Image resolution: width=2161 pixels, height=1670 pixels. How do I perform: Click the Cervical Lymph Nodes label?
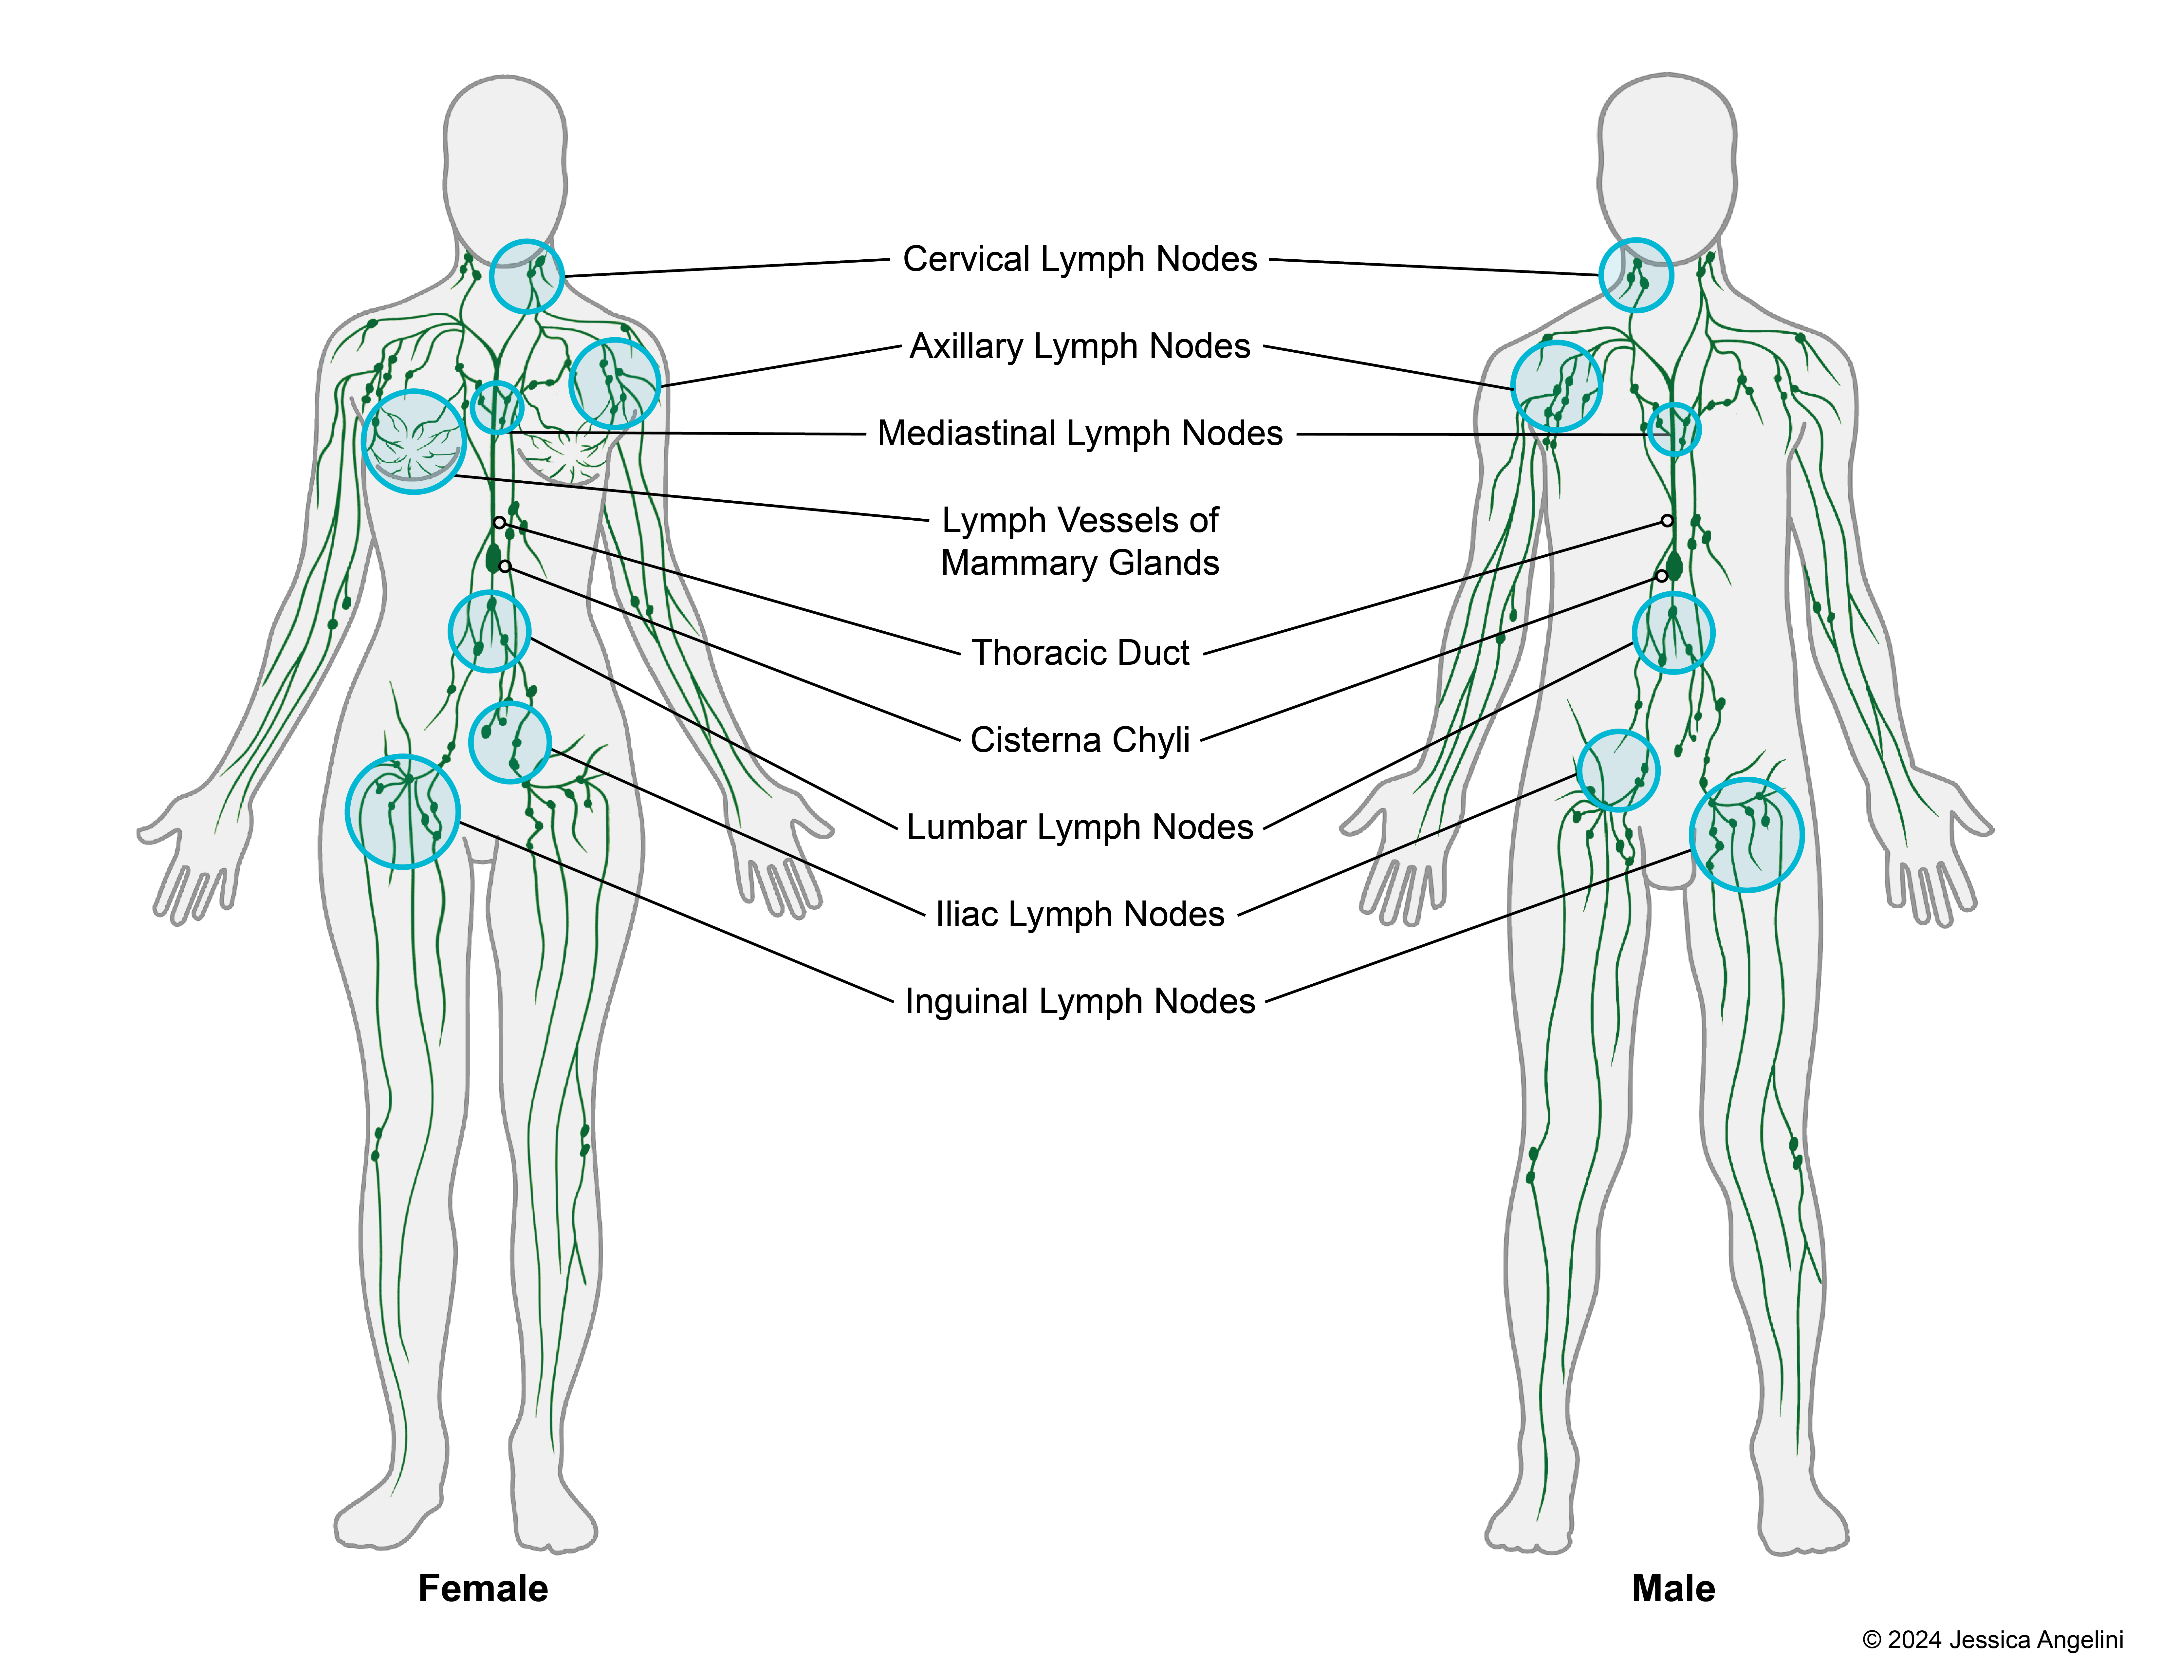[x=1080, y=259]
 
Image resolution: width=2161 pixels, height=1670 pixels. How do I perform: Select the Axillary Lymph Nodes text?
[x=1080, y=346]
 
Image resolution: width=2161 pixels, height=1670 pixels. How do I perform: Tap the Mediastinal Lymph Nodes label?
[x=1080, y=433]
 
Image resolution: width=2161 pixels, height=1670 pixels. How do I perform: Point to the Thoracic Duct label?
[x=1080, y=653]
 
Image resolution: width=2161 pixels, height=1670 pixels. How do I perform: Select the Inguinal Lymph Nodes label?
[x=1080, y=1001]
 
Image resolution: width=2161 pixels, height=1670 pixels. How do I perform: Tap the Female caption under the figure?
[x=483, y=1588]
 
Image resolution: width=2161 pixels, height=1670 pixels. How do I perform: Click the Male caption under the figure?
[x=1673, y=1588]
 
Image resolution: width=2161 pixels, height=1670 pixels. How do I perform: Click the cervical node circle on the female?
[x=526, y=276]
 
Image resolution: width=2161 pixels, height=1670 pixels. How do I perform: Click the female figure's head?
[x=505, y=158]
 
